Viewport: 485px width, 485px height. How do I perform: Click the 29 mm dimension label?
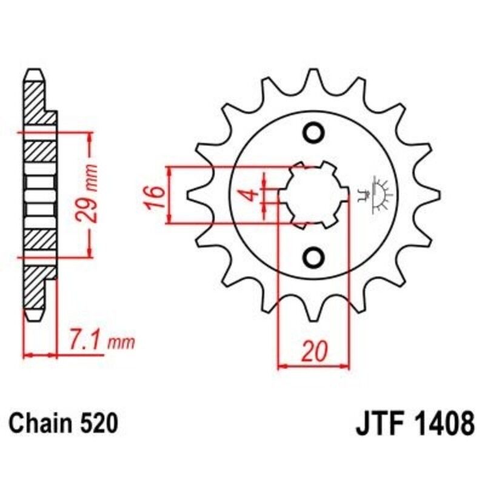tap(91, 193)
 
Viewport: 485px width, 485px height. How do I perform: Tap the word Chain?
tap(39, 423)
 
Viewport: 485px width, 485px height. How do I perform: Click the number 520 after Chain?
tap(97, 423)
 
